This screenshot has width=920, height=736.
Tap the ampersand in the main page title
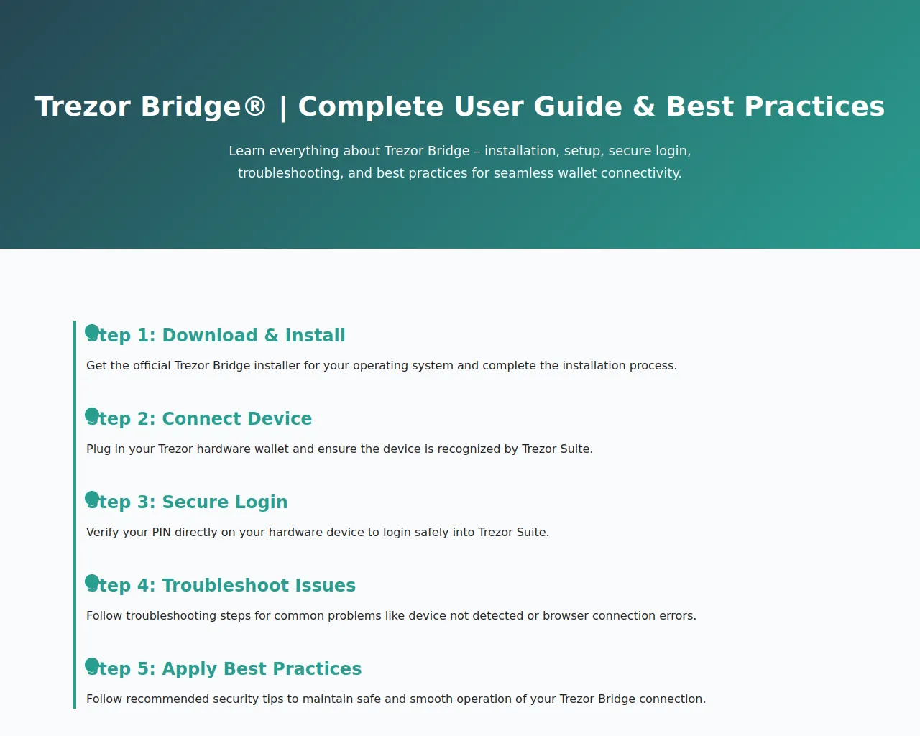tap(644, 106)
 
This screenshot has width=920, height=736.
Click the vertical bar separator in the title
tap(282, 107)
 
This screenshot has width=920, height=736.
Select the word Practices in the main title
tap(814, 106)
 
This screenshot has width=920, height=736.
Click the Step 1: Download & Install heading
tap(216, 335)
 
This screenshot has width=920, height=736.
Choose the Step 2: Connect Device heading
tap(199, 419)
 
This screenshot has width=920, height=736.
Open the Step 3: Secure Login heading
tap(187, 502)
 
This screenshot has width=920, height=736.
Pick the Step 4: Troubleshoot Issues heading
tap(221, 586)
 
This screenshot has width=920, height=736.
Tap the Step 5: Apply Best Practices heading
tap(224, 669)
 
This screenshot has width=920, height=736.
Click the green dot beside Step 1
tap(92, 331)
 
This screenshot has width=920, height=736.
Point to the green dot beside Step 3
tap(92, 498)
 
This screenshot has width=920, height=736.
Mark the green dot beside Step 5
tap(92, 665)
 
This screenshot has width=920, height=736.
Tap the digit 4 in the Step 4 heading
tap(143, 585)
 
